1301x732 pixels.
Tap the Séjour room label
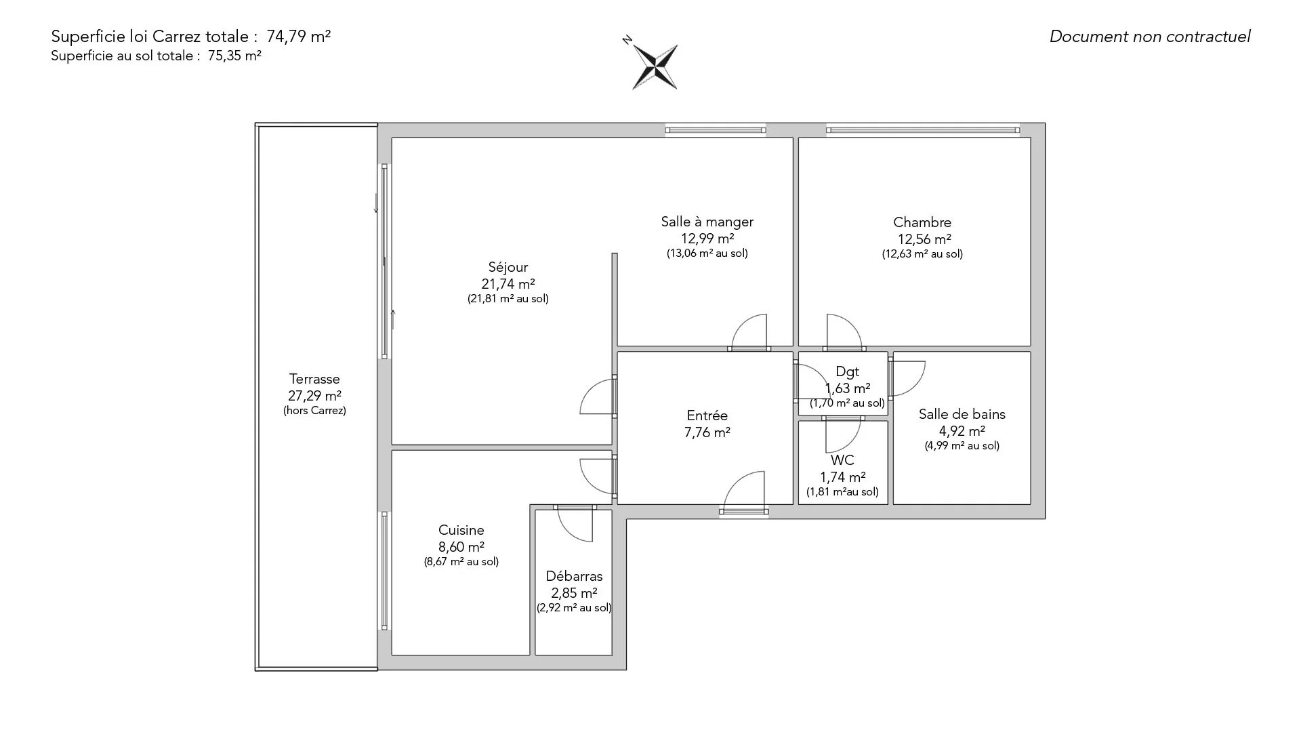pos(508,267)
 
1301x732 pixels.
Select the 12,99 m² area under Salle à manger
pos(707,239)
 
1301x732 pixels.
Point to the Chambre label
pos(922,222)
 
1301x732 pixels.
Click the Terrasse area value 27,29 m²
pos(314,396)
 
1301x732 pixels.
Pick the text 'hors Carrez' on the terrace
pos(314,411)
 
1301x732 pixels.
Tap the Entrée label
pos(707,415)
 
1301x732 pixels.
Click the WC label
pos(842,460)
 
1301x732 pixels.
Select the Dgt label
pos(848,371)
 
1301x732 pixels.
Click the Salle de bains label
pos(962,414)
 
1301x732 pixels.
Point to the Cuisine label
pos(461,530)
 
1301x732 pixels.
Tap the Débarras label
pos(575,576)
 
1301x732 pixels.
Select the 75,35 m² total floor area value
pos(234,56)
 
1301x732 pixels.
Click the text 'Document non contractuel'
pos(1150,37)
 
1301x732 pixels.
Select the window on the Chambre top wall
pos(922,130)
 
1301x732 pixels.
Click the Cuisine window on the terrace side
pos(385,571)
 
